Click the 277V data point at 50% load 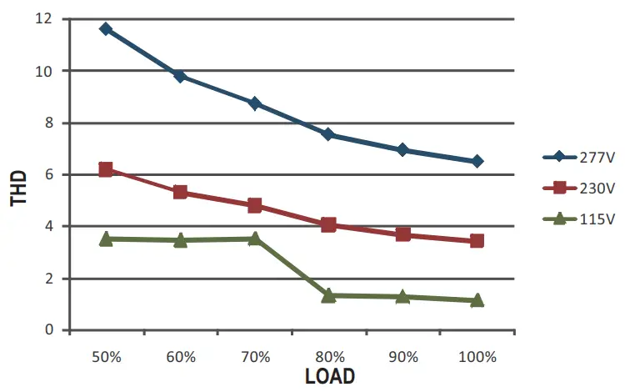pyautogui.click(x=106, y=28)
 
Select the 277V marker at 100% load pyautogui.click(x=477, y=161)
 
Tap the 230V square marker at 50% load pyautogui.click(x=106, y=169)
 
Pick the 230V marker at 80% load pyautogui.click(x=328, y=224)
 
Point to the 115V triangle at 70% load pyautogui.click(x=254, y=239)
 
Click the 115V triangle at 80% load pyautogui.click(x=328, y=295)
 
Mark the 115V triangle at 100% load pyautogui.click(x=477, y=300)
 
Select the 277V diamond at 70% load pyautogui.click(x=254, y=103)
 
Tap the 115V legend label pyautogui.click(x=599, y=219)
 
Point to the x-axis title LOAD pyautogui.click(x=329, y=376)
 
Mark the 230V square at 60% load pyautogui.click(x=180, y=193)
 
